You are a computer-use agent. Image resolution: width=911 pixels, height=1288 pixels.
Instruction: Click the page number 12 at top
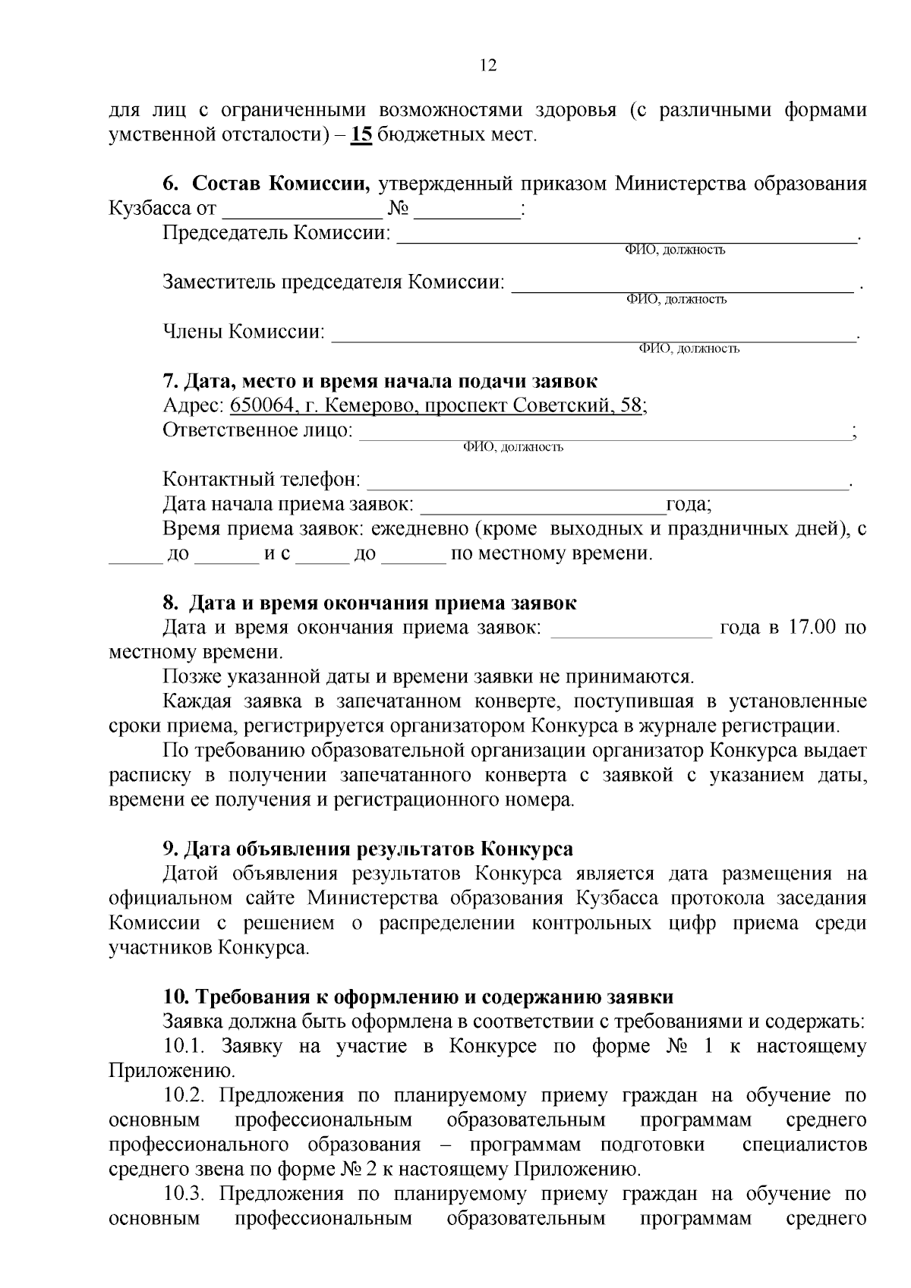pos(488,66)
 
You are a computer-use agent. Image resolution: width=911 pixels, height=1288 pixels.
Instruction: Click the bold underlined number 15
pos(362,135)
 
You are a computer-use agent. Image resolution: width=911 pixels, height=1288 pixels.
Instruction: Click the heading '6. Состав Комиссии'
pos(266,184)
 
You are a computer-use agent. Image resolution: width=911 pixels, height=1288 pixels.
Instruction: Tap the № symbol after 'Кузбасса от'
pos(398,209)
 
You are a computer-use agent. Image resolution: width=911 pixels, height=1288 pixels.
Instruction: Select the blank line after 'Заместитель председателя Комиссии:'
pos(682,284)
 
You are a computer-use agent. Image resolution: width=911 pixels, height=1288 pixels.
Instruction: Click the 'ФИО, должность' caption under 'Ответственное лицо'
pos(513,447)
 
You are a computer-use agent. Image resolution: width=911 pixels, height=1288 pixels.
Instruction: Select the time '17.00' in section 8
pos(809,628)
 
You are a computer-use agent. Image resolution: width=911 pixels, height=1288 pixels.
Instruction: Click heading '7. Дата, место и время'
pos(380,381)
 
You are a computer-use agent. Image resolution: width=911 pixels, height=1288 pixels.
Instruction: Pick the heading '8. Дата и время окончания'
pos(370,603)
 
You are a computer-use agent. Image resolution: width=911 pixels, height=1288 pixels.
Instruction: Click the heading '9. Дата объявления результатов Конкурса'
pos(368,849)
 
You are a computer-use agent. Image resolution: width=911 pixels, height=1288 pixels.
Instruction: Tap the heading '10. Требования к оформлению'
pos(418,997)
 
